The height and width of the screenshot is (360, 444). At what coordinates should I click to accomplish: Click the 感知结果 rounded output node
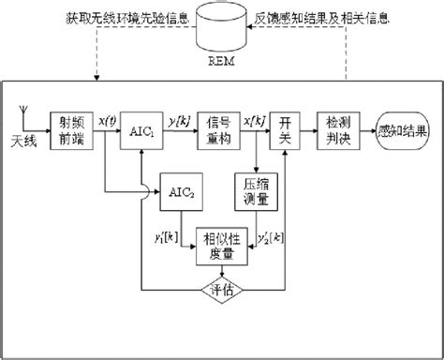[403, 128]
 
